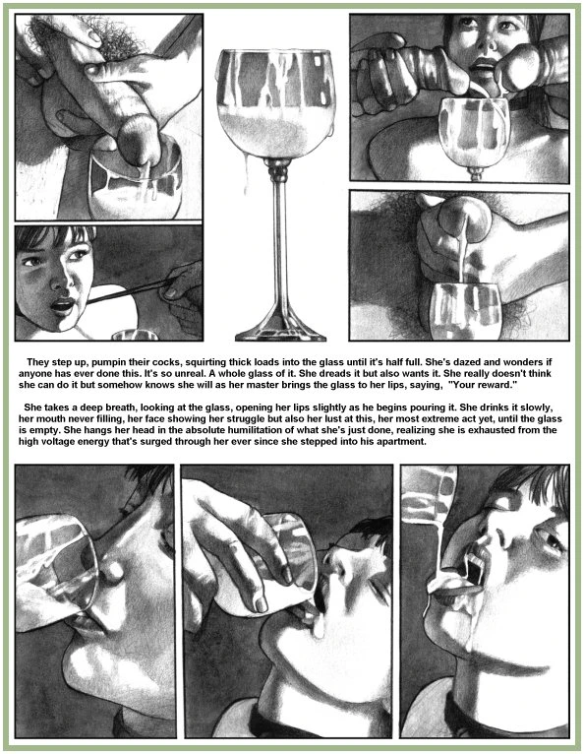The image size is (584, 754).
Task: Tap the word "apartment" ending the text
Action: pyautogui.click(x=402, y=441)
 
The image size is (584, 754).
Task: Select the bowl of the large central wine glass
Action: pyautogui.click(x=276, y=103)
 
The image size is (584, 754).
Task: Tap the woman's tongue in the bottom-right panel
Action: pyautogui.click(x=456, y=587)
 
